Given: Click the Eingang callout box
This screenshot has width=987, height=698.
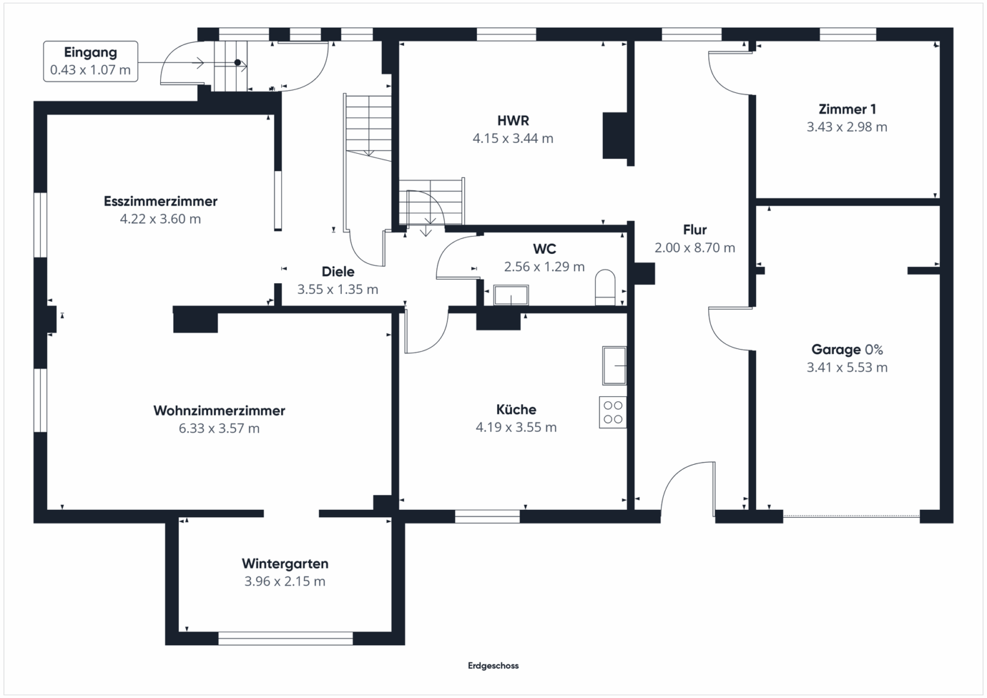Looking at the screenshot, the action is (x=90, y=61).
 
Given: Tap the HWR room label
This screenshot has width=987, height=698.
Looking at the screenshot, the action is (x=513, y=120).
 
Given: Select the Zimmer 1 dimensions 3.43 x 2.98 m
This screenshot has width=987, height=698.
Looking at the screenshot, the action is (x=847, y=127).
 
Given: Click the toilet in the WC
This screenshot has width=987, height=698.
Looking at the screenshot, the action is (x=605, y=288).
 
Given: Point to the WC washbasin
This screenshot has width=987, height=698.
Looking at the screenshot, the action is (x=511, y=295).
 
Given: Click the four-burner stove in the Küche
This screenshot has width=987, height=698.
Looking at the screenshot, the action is (x=613, y=412).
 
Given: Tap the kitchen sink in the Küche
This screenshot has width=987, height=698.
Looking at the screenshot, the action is (x=614, y=365).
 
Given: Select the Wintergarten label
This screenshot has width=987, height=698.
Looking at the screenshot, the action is (x=285, y=564).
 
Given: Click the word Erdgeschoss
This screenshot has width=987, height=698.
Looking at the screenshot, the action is (x=493, y=666).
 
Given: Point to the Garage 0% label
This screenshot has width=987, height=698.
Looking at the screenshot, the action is (x=847, y=350).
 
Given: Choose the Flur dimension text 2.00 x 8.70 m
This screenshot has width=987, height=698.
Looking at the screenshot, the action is (x=695, y=248).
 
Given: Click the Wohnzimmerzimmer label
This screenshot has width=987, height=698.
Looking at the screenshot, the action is (x=219, y=410).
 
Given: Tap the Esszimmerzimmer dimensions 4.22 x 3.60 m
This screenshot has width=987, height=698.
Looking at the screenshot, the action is (x=160, y=219).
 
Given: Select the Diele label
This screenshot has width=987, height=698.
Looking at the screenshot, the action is (x=338, y=271).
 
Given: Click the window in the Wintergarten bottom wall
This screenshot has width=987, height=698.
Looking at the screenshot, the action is (x=286, y=639).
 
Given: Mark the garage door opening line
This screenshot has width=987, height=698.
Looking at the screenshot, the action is (x=851, y=516).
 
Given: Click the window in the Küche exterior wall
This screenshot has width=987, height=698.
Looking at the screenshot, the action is (x=487, y=516).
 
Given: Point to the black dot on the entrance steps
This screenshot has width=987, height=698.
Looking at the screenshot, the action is (x=237, y=63).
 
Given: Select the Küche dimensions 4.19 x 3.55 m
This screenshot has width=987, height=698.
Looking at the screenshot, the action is (x=516, y=427).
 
